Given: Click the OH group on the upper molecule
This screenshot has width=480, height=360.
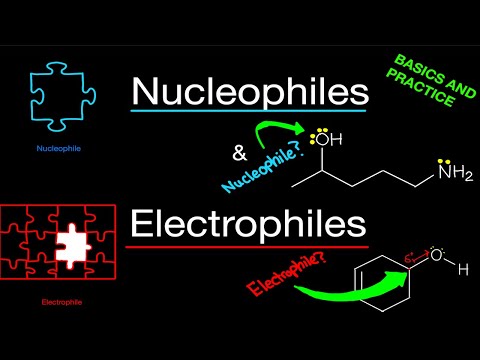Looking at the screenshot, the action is (x=323, y=141).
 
